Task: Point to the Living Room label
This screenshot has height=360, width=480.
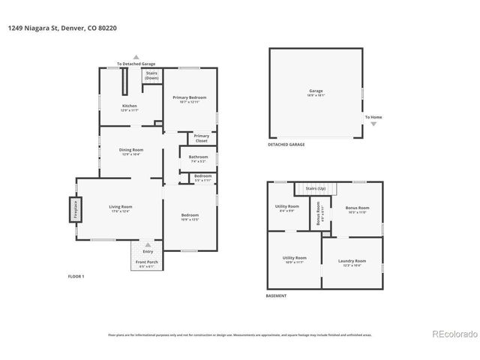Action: point(120,208)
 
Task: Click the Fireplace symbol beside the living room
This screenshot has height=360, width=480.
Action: point(75,209)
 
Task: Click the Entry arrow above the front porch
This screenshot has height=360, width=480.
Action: point(148,245)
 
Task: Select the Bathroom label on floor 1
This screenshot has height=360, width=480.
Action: point(198,158)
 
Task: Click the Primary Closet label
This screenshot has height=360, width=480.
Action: point(201,139)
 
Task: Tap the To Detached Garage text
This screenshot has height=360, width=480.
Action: point(136,64)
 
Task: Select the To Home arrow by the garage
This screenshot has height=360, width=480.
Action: point(373,124)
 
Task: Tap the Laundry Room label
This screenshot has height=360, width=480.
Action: point(352,262)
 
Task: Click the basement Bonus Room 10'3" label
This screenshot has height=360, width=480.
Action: point(356,210)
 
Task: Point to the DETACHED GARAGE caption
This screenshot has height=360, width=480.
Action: point(286,144)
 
